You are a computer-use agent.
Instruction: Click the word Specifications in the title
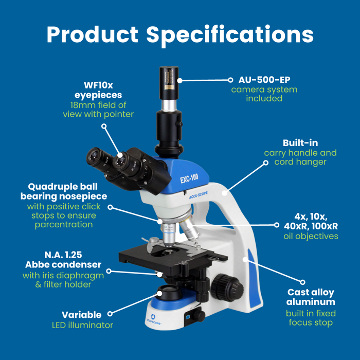point(230,34)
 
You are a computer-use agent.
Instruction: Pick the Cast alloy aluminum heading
point(311,297)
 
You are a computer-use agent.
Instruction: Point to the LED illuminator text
point(82,325)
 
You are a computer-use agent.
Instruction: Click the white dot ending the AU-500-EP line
point(230,80)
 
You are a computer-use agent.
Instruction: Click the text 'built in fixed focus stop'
point(311,318)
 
